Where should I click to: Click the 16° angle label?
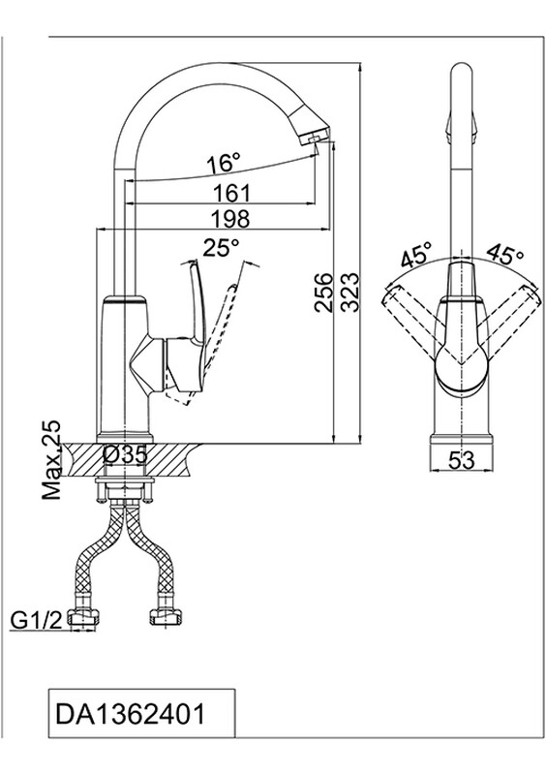click(223, 163)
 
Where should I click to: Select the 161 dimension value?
click(231, 193)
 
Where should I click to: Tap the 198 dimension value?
click(230, 219)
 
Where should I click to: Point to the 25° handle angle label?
click(221, 247)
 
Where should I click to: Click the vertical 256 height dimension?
click(324, 292)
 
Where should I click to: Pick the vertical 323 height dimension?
click(350, 292)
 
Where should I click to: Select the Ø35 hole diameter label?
click(125, 454)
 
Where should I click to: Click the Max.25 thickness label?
click(50, 460)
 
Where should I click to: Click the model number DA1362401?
click(130, 714)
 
